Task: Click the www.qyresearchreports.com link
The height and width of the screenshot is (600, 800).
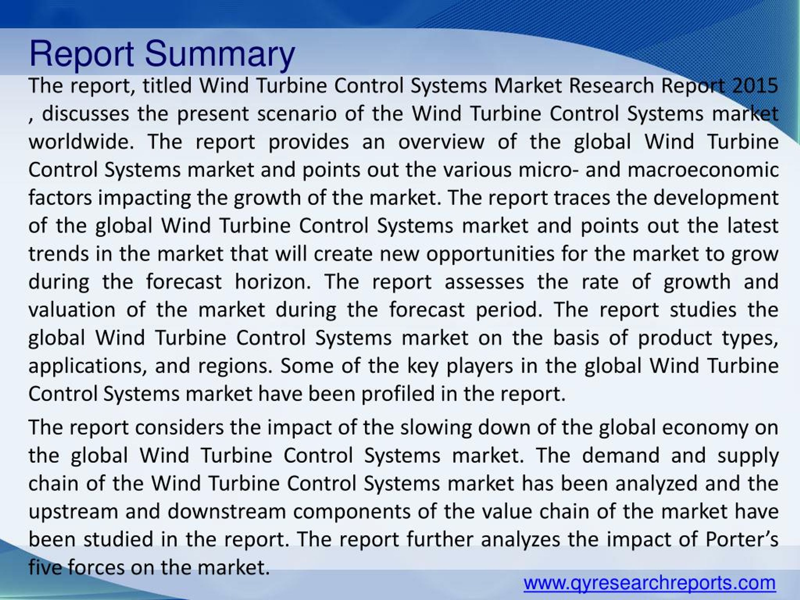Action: click(650, 583)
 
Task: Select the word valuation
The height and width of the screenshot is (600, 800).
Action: click(72, 310)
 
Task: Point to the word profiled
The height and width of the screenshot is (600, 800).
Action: click(398, 394)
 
